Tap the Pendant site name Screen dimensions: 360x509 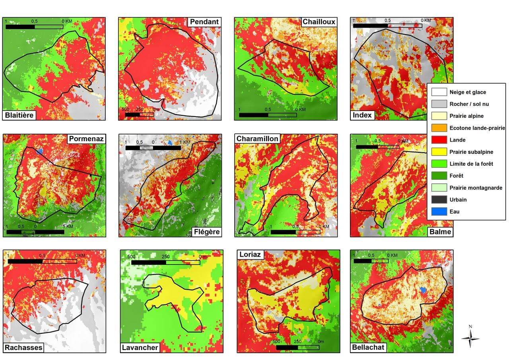click(x=204, y=22)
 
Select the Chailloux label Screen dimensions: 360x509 click(x=319, y=22)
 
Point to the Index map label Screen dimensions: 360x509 click(x=362, y=115)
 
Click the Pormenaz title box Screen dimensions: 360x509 click(x=86, y=139)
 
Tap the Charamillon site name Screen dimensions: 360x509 click(x=257, y=139)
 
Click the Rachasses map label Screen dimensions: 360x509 click(x=23, y=348)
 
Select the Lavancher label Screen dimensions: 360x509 click(x=140, y=348)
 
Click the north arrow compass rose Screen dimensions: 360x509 click(x=470, y=339)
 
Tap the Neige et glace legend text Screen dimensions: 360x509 click(x=468, y=92)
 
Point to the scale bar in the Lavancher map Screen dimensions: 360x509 click(x=165, y=262)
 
